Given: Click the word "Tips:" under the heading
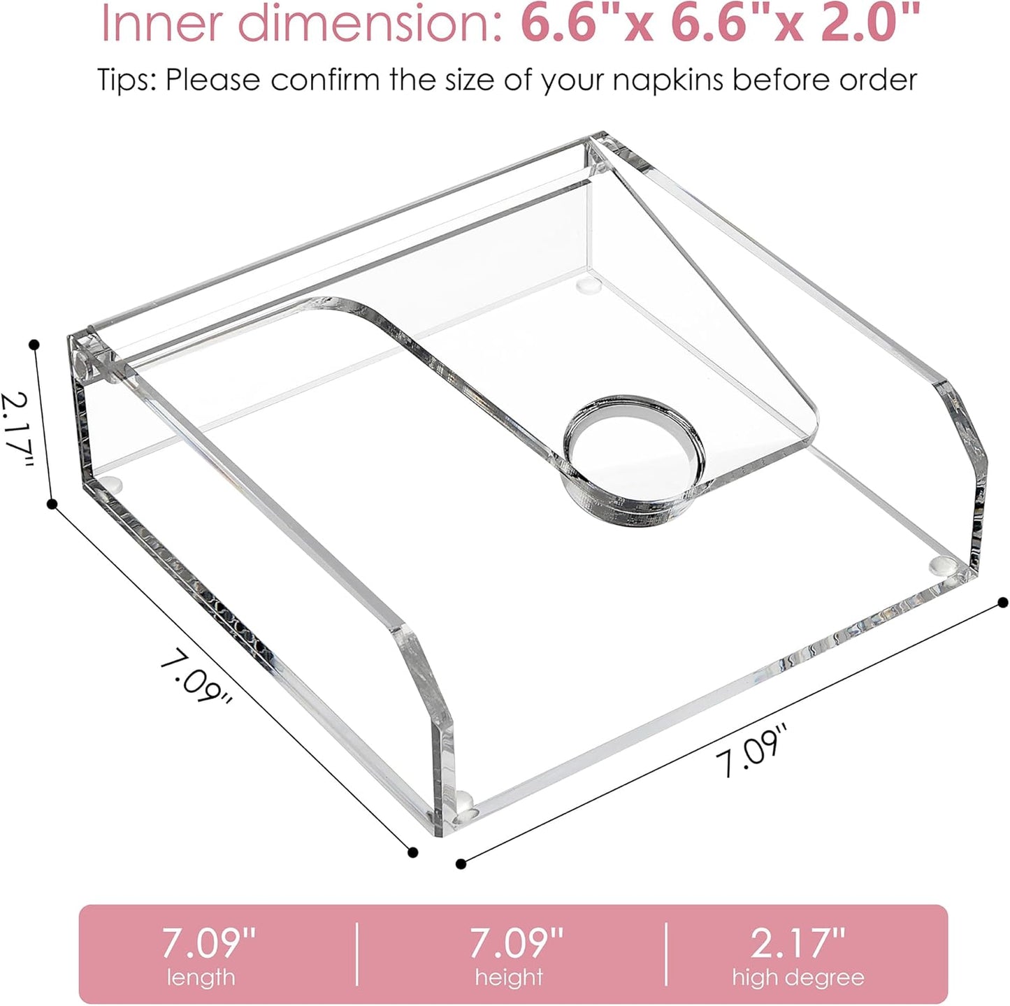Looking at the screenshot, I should pos(127,80).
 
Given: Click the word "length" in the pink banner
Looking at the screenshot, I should pos(201,977).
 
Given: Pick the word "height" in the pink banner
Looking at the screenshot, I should pos(509,977).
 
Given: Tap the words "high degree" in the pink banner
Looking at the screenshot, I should pos(798,977).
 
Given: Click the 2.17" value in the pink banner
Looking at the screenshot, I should pos(798,943).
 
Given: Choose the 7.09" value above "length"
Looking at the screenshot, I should pos(209,943).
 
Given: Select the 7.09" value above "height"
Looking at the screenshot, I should pos(516,943).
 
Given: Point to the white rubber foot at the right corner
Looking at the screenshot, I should pos(944,563).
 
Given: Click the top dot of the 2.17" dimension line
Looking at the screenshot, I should pos(34,344).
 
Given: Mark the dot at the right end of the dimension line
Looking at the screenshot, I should pos(1003,602).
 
